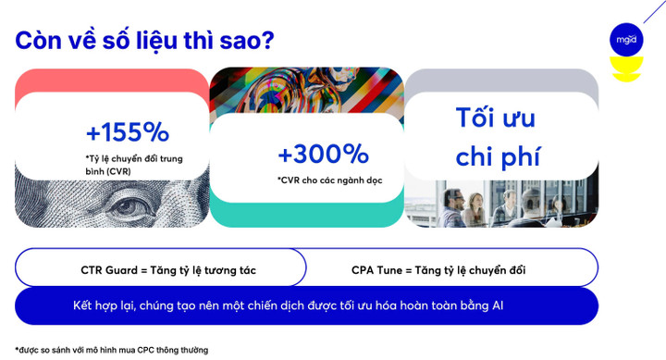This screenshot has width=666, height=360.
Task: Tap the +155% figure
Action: point(127,131)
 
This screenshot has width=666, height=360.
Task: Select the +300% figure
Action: point(323,154)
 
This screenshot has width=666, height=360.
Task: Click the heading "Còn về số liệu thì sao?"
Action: point(144,41)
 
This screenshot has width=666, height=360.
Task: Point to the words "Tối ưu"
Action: point(495,118)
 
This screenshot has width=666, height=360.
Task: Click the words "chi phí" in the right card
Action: point(498,155)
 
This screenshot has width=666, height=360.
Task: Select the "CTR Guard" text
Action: point(115,270)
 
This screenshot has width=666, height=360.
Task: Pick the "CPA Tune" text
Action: point(380,270)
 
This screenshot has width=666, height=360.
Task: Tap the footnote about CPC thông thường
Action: point(111,350)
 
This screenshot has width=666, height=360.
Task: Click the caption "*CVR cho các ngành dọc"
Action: point(328,180)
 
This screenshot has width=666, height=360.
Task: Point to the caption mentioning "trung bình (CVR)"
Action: point(134,165)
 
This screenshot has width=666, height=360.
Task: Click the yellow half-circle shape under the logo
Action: point(626,71)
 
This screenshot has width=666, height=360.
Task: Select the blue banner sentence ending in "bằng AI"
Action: point(288,304)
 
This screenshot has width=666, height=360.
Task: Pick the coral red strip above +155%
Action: point(111,80)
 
